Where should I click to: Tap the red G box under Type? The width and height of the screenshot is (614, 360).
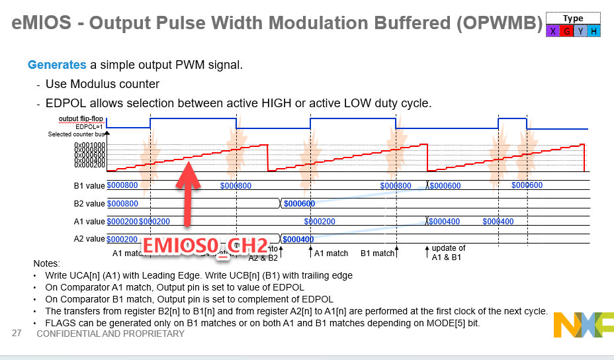[567, 31]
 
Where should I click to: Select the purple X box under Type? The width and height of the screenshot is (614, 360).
[553, 31]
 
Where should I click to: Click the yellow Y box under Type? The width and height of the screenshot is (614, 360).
[580, 31]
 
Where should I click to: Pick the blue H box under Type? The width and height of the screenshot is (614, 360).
[593, 31]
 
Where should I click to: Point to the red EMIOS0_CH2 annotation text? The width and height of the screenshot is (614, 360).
[206, 244]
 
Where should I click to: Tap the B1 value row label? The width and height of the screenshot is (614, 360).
[89, 186]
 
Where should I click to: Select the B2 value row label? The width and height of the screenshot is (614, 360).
[89, 204]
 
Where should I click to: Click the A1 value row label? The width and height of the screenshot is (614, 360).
[89, 222]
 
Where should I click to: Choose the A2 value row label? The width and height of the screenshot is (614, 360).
[89, 239]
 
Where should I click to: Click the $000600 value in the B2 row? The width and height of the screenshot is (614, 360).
[299, 204]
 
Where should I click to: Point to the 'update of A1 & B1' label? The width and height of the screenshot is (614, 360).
[449, 253]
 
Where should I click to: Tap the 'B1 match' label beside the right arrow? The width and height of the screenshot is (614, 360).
[377, 253]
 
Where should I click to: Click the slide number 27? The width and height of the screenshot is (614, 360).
[17, 334]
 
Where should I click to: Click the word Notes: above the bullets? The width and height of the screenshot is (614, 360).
[46, 263]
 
